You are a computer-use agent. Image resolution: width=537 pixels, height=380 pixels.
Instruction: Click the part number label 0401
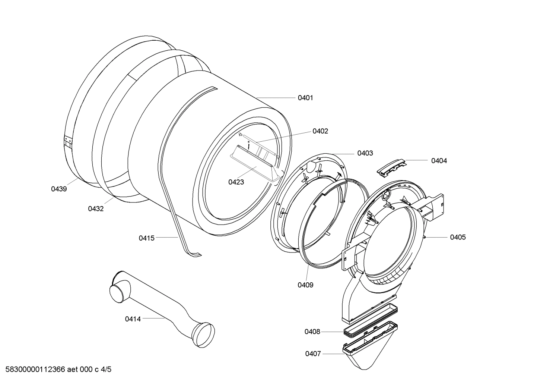pyautogui.click(x=305, y=98)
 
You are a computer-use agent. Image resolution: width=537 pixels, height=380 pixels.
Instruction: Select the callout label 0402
pyautogui.click(x=320, y=131)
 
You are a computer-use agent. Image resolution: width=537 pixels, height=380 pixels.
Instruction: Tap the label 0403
pyautogui.click(x=365, y=153)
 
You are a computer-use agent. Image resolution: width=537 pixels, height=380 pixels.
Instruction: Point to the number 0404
pyautogui.click(x=439, y=161)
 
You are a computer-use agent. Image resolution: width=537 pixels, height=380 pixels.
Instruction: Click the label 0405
pyautogui.click(x=458, y=237)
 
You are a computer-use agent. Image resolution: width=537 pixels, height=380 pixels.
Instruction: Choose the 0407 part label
pyautogui.click(x=313, y=354)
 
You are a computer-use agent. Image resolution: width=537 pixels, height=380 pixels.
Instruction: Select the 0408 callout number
pyautogui.click(x=312, y=332)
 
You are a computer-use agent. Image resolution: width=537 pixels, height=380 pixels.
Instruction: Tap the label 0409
pyautogui.click(x=305, y=285)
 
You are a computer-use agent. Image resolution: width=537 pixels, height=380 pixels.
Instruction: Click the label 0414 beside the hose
pyautogui.click(x=133, y=319)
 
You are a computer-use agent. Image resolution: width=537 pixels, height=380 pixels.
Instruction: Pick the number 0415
pyautogui.click(x=146, y=238)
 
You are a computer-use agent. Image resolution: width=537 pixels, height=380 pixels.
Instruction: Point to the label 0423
pyautogui.click(x=236, y=182)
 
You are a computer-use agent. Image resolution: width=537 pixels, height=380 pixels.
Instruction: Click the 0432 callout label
pyautogui.click(x=96, y=209)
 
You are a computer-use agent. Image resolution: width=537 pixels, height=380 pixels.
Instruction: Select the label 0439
pyautogui.click(x=59, y=189)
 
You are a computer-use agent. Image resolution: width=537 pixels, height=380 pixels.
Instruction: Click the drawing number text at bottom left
pyautogui.click(x=56, y=370)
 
